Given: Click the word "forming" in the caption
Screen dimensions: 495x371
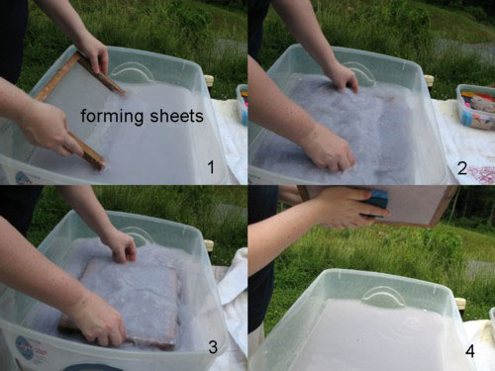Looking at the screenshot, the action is click(112, 117).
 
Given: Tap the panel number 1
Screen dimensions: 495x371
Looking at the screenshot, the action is click(211, 167).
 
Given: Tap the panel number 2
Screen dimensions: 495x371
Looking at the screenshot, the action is click(462, 168).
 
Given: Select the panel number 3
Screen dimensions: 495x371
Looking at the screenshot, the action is click(213, 347).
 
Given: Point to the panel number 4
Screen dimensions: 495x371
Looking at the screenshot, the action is click(470, 351).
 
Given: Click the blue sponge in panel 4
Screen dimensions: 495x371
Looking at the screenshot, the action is click(375, 203).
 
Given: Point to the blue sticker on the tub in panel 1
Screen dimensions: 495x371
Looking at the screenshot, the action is click(22, 178).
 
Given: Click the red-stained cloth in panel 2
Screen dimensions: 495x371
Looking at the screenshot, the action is click(480, 175).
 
